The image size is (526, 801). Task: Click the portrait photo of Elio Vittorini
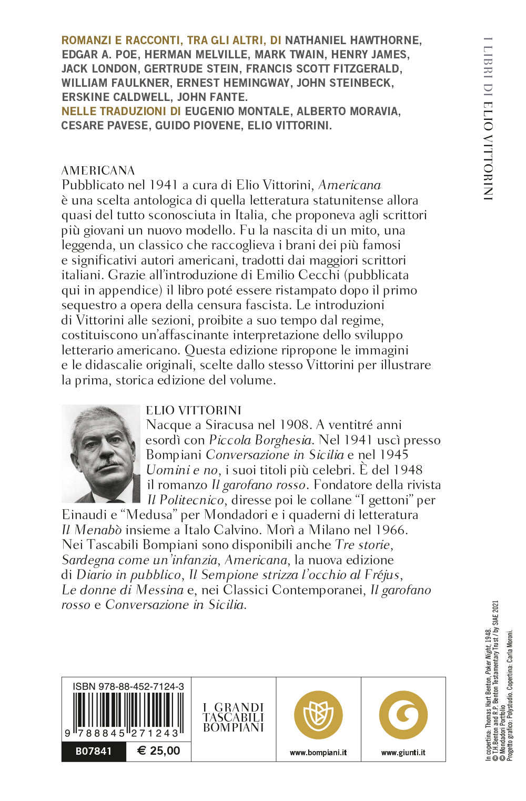point(101,453)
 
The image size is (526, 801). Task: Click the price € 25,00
point(158,751)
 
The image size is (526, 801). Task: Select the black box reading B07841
point(94,751)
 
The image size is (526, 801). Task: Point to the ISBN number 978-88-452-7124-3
point(128,686)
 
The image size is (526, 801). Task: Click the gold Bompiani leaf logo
point(318,715)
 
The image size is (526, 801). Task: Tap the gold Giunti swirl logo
point(403,715)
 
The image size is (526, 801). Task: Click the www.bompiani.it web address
point(318,753)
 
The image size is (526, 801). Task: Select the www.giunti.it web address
point(403,753)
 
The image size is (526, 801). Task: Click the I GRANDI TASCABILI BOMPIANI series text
point(234,717)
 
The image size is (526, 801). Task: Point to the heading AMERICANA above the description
point(98,170)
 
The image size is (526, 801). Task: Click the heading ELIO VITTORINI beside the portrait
point(194,410)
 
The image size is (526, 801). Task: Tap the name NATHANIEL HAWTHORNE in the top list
point(353,40)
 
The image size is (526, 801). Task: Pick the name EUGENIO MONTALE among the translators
point(237,111)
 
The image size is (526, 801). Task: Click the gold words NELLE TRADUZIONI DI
point(121,111)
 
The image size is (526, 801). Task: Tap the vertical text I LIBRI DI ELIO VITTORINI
point(488,118)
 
